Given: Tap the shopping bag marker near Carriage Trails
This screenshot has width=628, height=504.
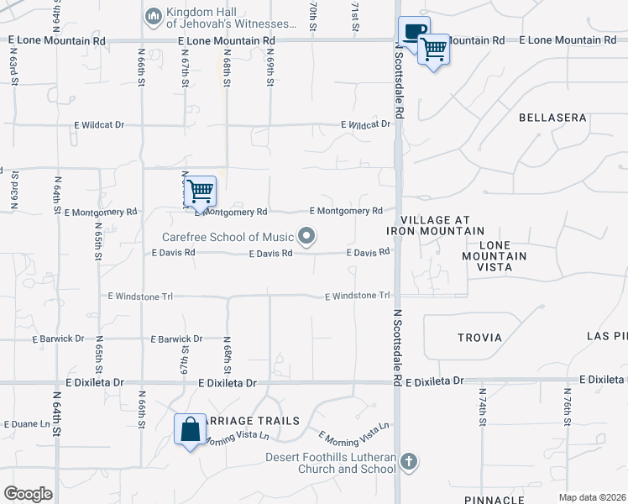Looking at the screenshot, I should [x=191, y=429].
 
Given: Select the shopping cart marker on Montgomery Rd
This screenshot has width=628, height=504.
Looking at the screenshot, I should [x=200, y=191].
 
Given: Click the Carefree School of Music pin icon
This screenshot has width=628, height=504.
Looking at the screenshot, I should [x=307, y=236].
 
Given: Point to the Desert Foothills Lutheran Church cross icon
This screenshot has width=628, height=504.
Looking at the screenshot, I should [x=408, y=461].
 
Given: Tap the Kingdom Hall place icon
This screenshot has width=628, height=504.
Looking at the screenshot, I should [x=153, y=16].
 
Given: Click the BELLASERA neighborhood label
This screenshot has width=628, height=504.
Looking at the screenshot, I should [x=552, y=118].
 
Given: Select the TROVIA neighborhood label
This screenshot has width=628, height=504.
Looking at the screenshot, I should [x=479, y=338].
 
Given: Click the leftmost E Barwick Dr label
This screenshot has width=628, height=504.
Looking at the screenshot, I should [x=58, y=339].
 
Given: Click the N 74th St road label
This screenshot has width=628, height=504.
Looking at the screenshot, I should [x=482, y=408].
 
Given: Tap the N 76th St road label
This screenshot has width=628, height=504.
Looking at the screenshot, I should [x=568, y=408].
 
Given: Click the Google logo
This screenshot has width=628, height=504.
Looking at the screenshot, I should [x=28, y=494].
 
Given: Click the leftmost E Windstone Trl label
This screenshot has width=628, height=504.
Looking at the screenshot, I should [x=140, y=296].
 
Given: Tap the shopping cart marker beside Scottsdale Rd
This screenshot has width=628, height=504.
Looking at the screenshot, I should [x=433, y=50].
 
